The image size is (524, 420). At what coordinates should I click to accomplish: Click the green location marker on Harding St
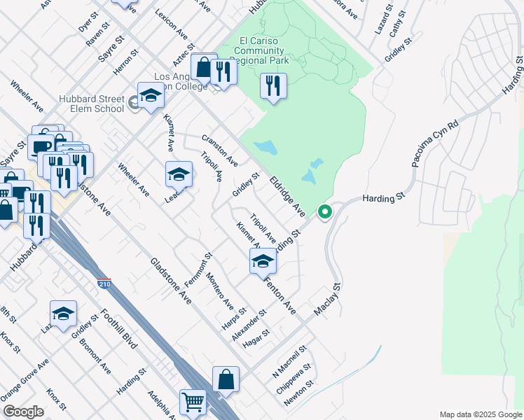pos(324,211)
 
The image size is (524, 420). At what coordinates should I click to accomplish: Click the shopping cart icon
pos(193,401)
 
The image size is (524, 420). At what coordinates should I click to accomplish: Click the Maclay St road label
pos(326,300)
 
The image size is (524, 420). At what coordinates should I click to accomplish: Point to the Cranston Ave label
pos(219,150)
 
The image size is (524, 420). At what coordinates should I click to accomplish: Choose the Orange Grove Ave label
pos(25,377)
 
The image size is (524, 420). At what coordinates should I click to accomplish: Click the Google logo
pos(23,412)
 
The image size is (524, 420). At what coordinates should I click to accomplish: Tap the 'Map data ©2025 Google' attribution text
pos(481,414)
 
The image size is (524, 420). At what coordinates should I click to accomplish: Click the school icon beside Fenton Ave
pos(263,260)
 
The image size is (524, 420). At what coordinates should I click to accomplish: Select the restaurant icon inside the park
pos(272,85)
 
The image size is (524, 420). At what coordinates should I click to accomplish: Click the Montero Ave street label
pos(219,290)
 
